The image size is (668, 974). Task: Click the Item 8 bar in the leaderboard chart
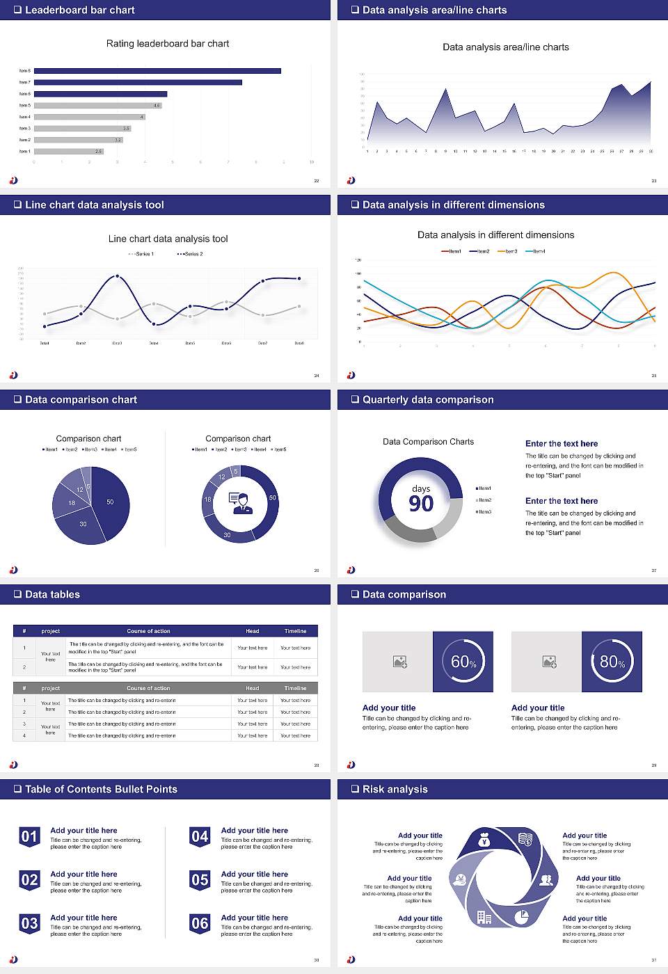click(157, 71)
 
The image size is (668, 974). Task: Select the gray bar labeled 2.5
click(68, 151)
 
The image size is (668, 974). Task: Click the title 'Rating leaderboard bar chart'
click(168, 43)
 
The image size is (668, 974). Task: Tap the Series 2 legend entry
click(190, 254)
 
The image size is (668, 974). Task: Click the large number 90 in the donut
click(421, 503)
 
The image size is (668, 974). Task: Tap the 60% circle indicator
click(463, 662)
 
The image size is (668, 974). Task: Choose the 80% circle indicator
click(612, 662)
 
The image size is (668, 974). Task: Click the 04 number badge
click(200, 836)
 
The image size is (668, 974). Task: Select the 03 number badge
click(29, 923)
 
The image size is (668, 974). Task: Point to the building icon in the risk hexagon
click(484, 918)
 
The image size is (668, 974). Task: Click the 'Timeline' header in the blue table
click(295, 631)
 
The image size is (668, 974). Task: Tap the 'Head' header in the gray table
click(252, 688)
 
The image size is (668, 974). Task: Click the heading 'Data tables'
click(52, 594)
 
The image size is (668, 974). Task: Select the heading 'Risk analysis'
click(395, 789)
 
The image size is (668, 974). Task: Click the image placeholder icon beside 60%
click(399, 662)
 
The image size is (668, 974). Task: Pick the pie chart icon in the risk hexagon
click(521, 918)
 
